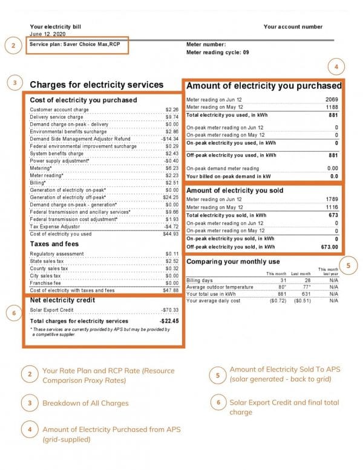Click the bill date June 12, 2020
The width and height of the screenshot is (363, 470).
point(47,34)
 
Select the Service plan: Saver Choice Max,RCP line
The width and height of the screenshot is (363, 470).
point(75,45)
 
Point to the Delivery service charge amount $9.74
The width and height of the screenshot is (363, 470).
point(172,117)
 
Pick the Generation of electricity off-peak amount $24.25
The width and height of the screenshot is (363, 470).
point(171,197)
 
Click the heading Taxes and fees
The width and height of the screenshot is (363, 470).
point(54,244)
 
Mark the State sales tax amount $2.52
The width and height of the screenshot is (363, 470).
point(172,261)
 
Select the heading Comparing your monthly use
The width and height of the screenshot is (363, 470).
point(233,262)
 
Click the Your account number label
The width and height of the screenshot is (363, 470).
point(293,27)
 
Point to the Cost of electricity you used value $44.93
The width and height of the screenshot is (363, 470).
point(171,233)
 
